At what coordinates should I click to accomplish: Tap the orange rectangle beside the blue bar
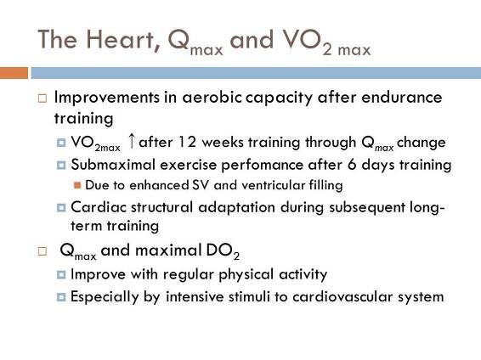pyautogui.click(x=14, y=73)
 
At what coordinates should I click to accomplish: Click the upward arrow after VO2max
pyautogui.click(x=132, y=141)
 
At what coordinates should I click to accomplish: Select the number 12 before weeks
pyautogui.click(x=187, y=142)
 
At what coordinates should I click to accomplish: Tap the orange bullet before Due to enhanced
pyautogui.click(x=77, y=185)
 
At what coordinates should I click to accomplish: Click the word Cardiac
pyautogui.click(x=99, y=207)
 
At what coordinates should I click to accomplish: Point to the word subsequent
pyautogui.click(x=367, y=208)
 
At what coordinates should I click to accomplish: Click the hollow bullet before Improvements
pyautogui.click(x=42, y=98)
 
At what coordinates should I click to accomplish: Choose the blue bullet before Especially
pyautogui.click(x=61, y=297)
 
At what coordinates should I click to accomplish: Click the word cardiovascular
pyautogui.click(x=342, y=296)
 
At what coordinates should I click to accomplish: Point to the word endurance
pyautogui.click(x=402, y=97)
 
